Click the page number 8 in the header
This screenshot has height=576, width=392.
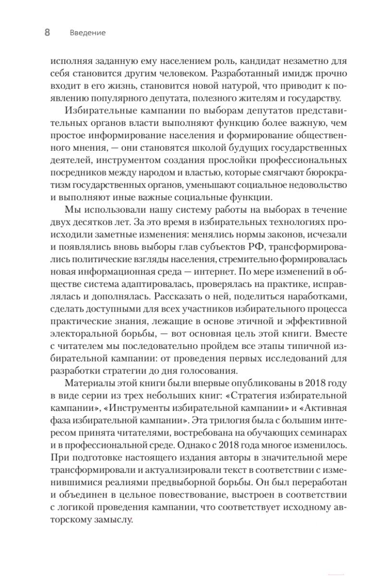pos(47,33)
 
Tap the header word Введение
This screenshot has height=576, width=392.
pos(87,33)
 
